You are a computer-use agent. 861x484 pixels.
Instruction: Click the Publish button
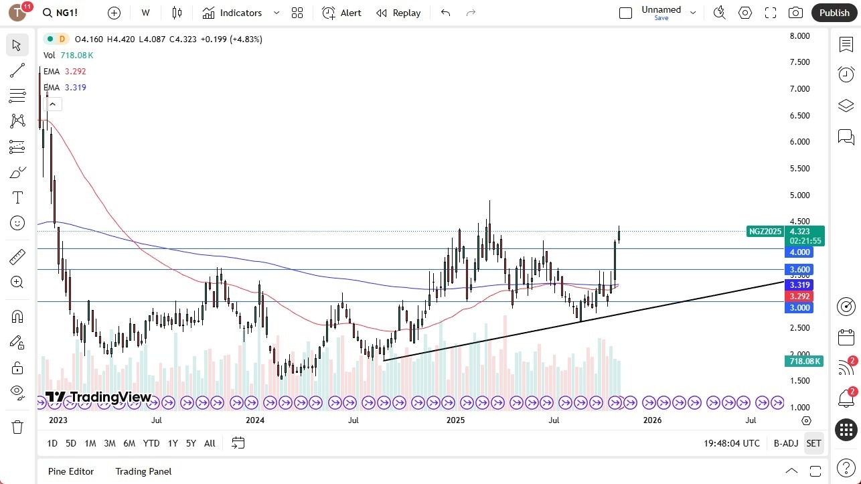click(834, 13)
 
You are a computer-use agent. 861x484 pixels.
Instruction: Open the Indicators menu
click(232, 13)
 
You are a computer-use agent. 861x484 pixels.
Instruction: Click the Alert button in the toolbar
click(341, 13)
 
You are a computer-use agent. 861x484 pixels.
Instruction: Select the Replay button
click(398, 13)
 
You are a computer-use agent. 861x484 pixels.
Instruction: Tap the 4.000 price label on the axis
click(799, 252)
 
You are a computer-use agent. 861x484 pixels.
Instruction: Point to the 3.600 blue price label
click(799, 270)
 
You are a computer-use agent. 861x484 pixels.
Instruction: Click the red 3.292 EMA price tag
click(799, 296)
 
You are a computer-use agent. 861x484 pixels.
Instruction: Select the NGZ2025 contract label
click(765, 232)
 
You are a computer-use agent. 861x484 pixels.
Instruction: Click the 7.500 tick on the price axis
click(799, 62)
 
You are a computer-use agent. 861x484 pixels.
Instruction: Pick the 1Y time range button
click(173, 443)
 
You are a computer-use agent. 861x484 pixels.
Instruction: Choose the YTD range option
click(151, 443)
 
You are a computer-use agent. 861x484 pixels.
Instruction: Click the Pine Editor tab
click(71, 471)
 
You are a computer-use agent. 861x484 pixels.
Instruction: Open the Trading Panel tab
click(143, 471)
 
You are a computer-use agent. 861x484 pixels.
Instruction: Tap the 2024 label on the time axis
click(255, 420)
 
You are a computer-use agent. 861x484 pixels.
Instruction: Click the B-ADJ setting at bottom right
click(785, 443)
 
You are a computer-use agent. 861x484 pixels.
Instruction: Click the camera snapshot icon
click(795, 13)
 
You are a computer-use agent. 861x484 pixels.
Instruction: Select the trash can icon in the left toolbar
click(17, 426)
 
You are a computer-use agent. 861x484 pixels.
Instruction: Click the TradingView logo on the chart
click(98, 397)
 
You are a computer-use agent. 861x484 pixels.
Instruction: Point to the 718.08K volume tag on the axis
click(803, 361)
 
